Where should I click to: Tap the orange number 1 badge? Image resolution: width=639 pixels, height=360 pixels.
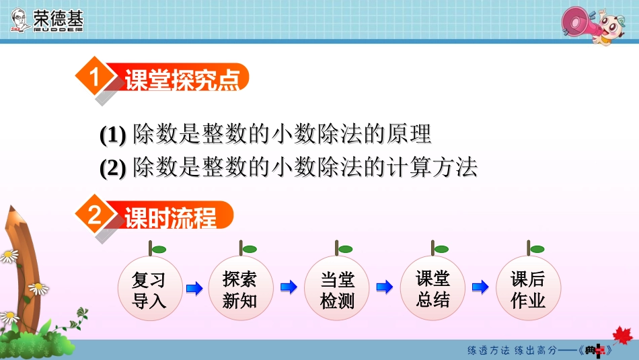tap(93, 78)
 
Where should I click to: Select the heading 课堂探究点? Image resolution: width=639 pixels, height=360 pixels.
tap(182, 80)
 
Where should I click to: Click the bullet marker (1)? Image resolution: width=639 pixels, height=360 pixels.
tap(113, 135)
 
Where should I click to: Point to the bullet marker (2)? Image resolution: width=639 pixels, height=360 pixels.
tap(113, 168)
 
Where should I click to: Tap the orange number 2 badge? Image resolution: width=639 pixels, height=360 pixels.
tap(93, 216)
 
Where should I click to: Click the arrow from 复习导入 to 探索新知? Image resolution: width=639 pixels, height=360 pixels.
tap(194, 289)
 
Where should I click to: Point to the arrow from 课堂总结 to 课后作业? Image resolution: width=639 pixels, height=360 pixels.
tap(480, 288)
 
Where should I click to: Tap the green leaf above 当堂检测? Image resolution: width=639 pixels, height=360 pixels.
tap(346, 249)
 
